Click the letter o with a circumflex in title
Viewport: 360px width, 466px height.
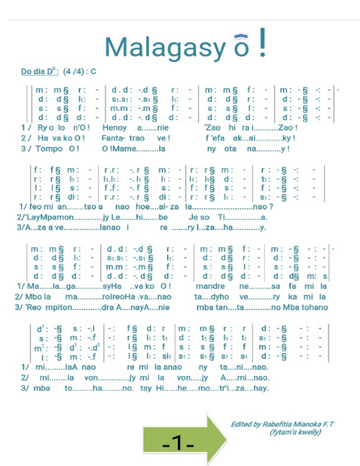click(x=237, y=48)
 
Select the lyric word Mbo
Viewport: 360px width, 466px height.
click(x=37, y=297)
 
